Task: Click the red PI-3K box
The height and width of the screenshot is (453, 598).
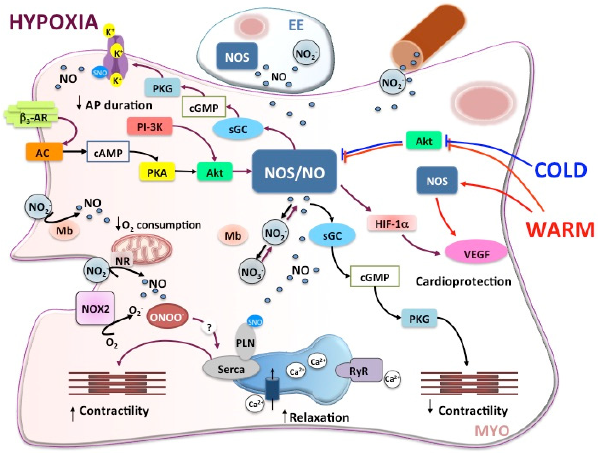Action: (150, 126)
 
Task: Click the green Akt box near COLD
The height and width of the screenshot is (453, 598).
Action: (424, 140)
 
